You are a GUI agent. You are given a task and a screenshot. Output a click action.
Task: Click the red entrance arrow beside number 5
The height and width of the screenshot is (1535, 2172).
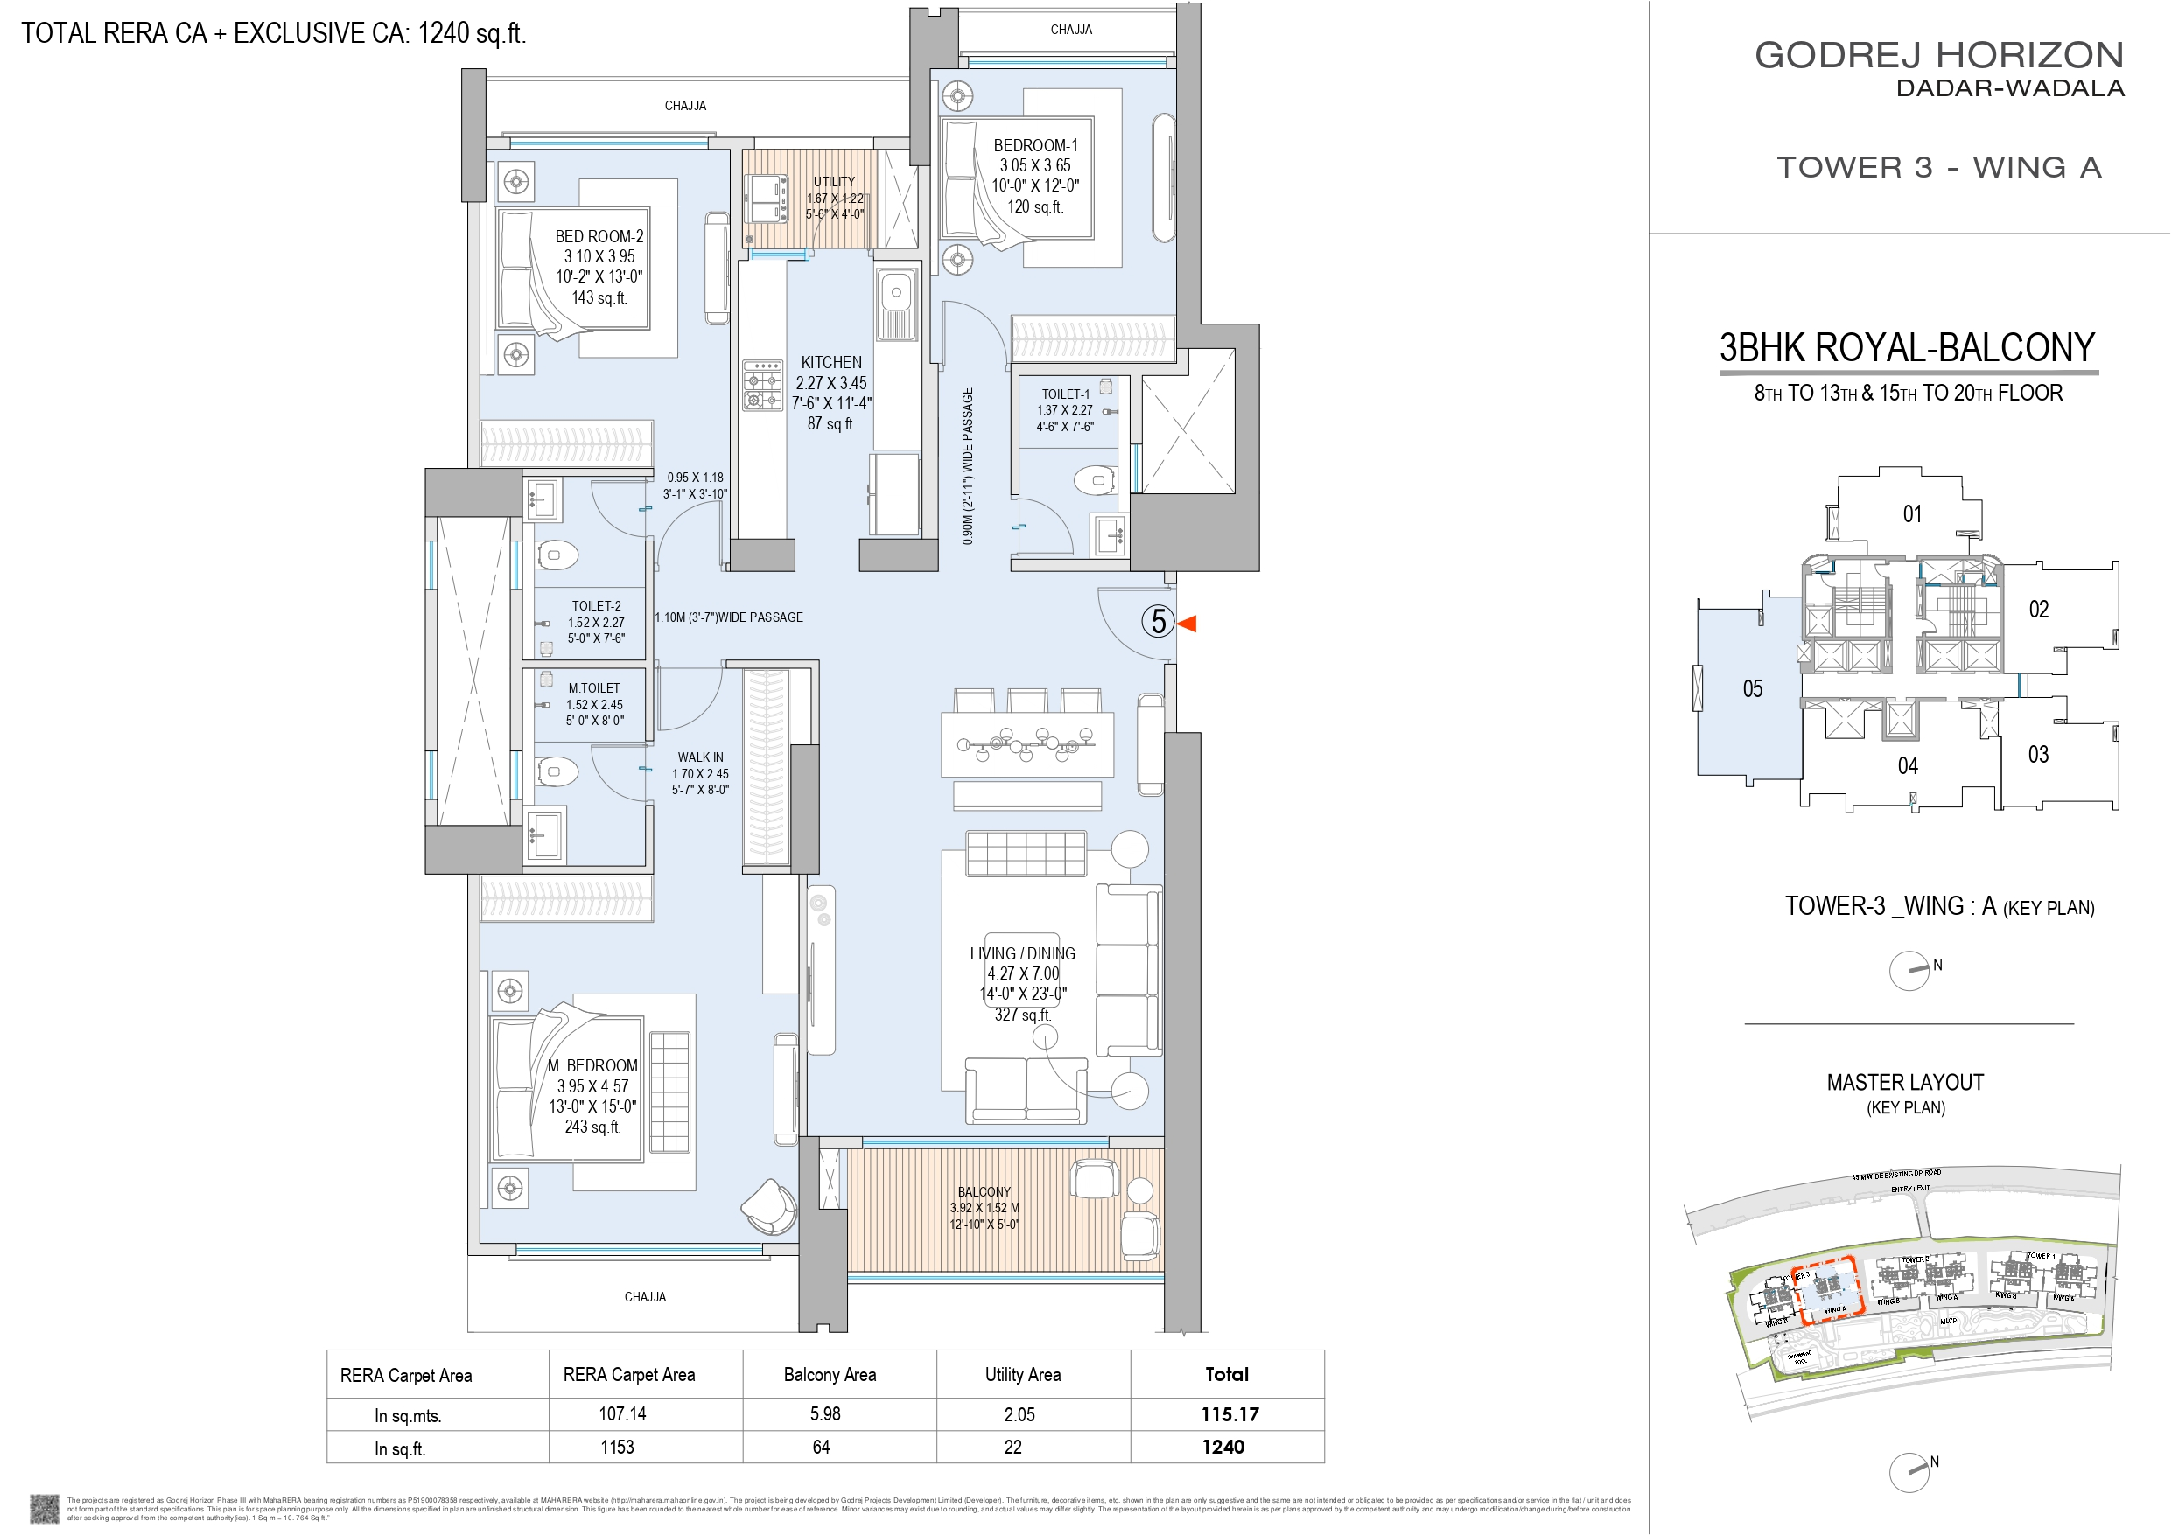(1188, 624)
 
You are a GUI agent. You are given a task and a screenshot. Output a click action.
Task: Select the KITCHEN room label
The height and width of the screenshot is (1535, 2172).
(830, 362)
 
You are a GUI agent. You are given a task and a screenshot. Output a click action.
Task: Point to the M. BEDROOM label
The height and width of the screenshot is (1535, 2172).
(592, 1066)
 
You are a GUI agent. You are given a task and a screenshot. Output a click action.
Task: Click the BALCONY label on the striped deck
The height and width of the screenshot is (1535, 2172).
(984, 1191)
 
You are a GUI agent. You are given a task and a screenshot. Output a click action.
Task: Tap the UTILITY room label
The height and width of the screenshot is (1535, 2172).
(833, 182)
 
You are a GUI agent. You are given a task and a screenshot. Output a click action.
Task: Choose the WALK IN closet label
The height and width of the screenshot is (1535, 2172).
(700, 757)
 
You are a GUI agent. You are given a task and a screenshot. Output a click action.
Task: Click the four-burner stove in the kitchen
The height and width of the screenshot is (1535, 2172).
(762, 385)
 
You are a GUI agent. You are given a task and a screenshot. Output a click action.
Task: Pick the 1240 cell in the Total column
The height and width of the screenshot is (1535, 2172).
(1223, 1447)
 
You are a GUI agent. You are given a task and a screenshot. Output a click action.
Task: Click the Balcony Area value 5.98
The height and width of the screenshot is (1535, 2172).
(825, 1414)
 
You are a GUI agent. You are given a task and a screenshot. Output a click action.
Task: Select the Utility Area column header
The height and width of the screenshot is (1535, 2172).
(1023, 1375)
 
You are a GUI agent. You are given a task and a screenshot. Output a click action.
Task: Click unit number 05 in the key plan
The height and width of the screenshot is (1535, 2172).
(1752, 689)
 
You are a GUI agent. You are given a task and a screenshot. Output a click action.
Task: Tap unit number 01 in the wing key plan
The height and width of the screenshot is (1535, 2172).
(1912, 514)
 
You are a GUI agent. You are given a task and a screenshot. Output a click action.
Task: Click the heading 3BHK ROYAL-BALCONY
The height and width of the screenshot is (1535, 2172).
(1907, 348)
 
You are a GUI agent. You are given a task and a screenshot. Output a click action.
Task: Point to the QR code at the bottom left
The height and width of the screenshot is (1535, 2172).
(45, 1508)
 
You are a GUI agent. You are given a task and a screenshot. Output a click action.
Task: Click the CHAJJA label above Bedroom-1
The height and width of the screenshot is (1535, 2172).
(1071, 31)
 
